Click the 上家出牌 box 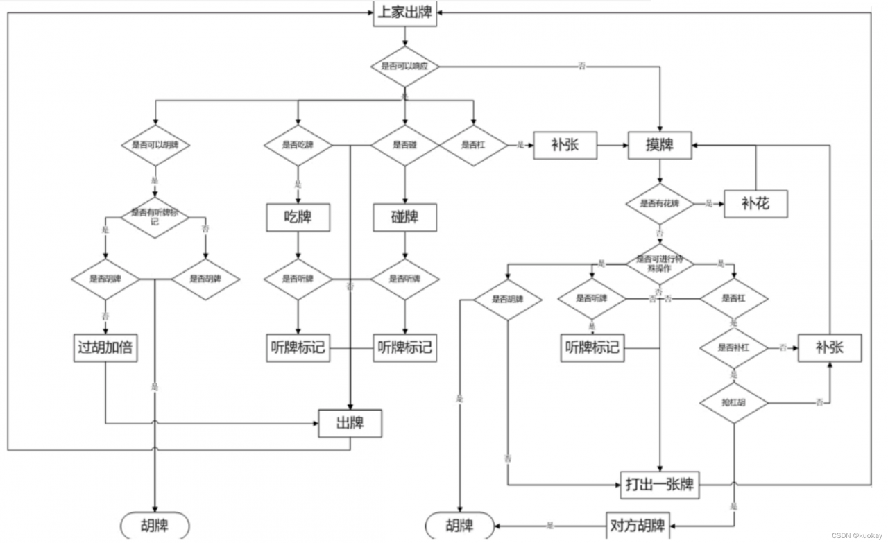coord(405,13)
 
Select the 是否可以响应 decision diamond coord(405,67)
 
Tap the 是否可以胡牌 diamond coord(155,146)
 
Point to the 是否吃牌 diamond coord(298,146)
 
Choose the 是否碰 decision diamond coord(404,146)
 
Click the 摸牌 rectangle coord(660,146)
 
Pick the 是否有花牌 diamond coord(660,204)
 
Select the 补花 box coord(755,204)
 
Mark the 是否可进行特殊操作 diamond coord(660,263)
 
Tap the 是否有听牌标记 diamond coord(155,217)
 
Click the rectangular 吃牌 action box coord(298,217)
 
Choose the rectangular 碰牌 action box coord(404,217)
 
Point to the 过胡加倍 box coord(105,348)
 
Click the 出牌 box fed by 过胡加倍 coord(350,423)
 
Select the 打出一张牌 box coord(660,484)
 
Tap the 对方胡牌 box coord(636,525)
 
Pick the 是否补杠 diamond coord(734,347)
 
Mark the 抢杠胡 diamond coord(734,402)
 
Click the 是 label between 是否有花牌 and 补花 coord(709,204)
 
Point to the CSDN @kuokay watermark coord(856,536)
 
